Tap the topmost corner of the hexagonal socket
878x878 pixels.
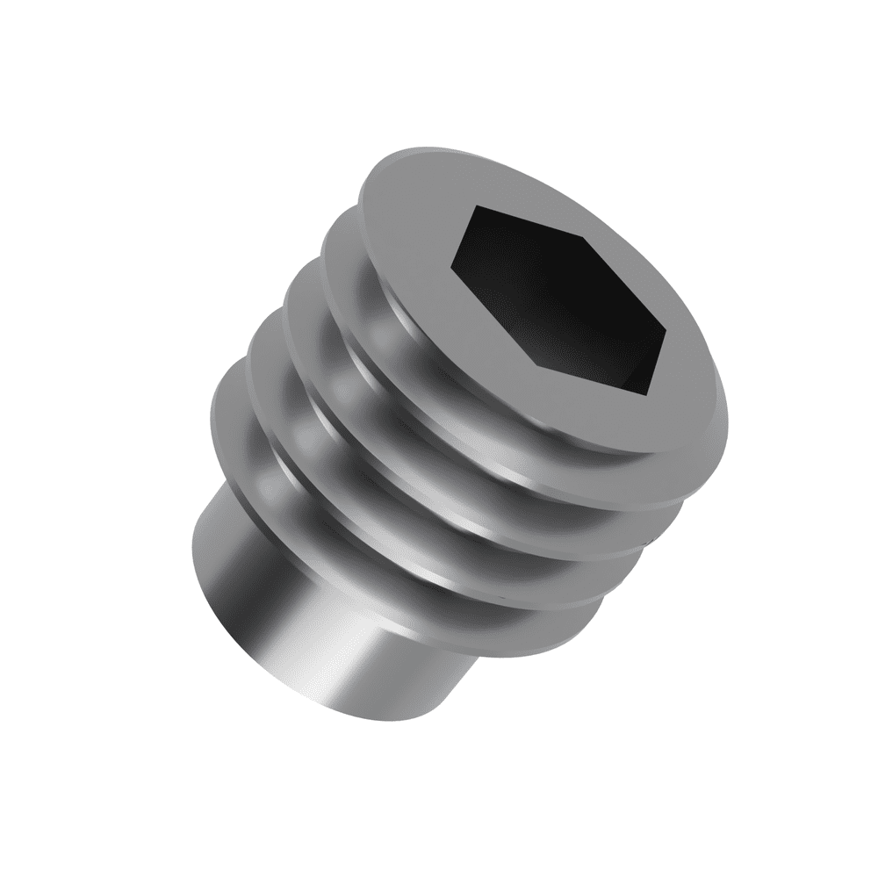[x=474, y=206]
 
